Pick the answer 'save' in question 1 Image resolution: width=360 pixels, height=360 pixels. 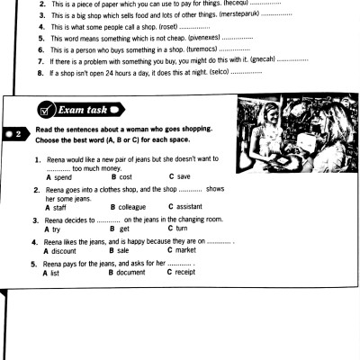pos(184,176)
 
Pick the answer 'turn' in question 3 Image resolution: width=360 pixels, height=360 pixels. pos(182,229)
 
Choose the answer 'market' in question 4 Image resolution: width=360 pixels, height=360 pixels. pos(185,250)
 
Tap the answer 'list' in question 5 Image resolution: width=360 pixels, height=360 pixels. pos(55,273)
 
